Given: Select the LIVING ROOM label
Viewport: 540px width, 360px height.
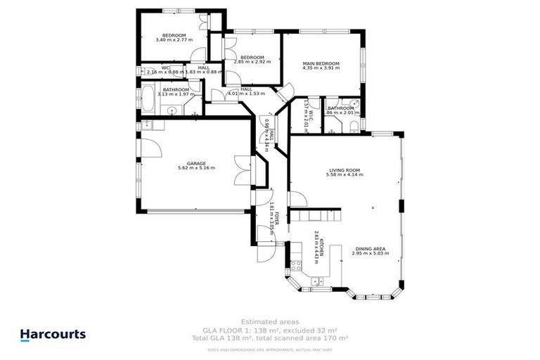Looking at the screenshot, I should (x=345, y=169).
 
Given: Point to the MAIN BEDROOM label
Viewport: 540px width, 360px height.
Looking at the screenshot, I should (x=321, y=63).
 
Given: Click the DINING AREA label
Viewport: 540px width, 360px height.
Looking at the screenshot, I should (x=368, y=248).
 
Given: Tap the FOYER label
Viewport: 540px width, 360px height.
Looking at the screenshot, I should (x=277, y=217).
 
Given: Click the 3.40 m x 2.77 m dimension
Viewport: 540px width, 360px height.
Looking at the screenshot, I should (x=174, y=41).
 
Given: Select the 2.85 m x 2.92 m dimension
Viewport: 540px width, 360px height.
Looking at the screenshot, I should (x=252, y=62).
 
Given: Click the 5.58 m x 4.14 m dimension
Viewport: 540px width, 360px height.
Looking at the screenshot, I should (x=345, y=174).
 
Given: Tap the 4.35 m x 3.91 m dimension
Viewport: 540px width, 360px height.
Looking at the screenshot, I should (x=321, y=68).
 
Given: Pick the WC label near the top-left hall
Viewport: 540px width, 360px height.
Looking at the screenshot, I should (x=165, y=67).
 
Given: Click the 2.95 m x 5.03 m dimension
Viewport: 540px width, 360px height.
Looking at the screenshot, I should (x=368, y=253).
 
